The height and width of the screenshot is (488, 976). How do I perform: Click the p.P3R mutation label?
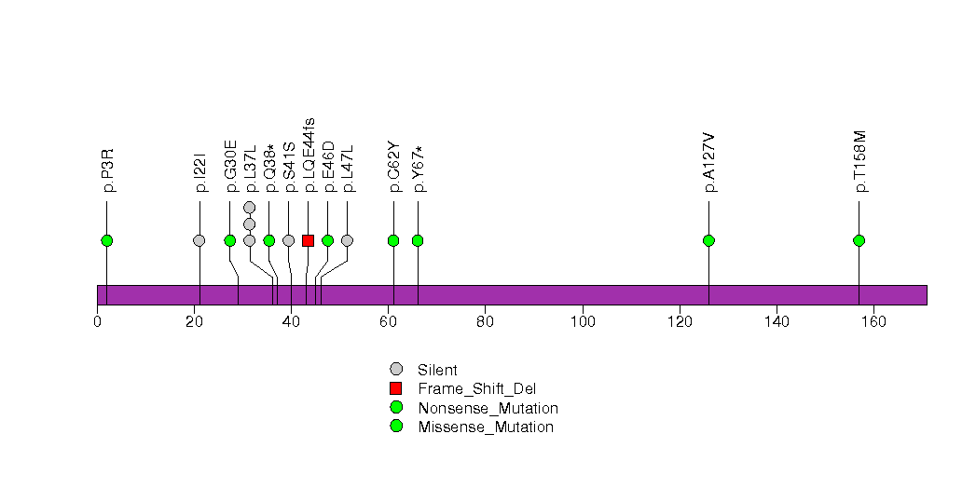coord(108,169)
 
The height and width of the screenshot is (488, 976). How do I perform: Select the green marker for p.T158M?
coord(859,240)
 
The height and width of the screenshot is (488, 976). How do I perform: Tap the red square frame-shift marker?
coord(309,240)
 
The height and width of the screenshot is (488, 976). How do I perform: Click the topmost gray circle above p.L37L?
coord(250,207)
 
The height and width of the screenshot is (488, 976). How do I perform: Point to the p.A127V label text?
coord(709,162)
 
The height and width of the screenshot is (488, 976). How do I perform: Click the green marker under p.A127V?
coord(709,240)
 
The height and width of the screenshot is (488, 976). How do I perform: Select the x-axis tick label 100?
coord(583,321)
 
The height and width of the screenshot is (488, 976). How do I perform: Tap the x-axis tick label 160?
coord(873,321)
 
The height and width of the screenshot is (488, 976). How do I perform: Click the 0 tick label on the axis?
coord(97,321)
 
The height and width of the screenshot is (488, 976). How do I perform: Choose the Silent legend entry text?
coord(437,371)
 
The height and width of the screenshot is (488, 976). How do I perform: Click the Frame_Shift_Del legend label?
coord(477,389)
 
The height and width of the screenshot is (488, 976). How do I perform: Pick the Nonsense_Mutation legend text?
coord(488,409)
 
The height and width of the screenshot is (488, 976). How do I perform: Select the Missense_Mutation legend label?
coord(486,427)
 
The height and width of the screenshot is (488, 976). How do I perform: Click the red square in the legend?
coord(396,389)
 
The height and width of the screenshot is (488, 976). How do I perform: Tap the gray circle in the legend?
coord(396,370)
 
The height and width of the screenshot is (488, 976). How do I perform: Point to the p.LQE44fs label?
coord(309,155)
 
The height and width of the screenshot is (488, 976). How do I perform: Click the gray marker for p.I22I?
coord(199,240)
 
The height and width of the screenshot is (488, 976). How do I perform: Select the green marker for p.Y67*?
coord(418,240)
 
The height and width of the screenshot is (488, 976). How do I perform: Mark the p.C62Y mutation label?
coord(394,167)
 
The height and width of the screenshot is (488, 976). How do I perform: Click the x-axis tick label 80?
coord(485,321)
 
